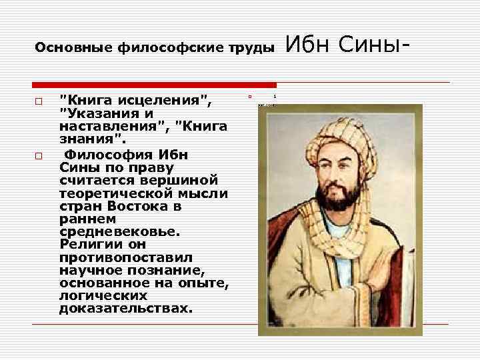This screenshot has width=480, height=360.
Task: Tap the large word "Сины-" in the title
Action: [x=374, y=46]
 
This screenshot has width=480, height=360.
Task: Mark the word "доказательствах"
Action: [x=125, y=309]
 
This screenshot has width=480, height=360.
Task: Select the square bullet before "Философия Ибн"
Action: [x=39, y=156]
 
